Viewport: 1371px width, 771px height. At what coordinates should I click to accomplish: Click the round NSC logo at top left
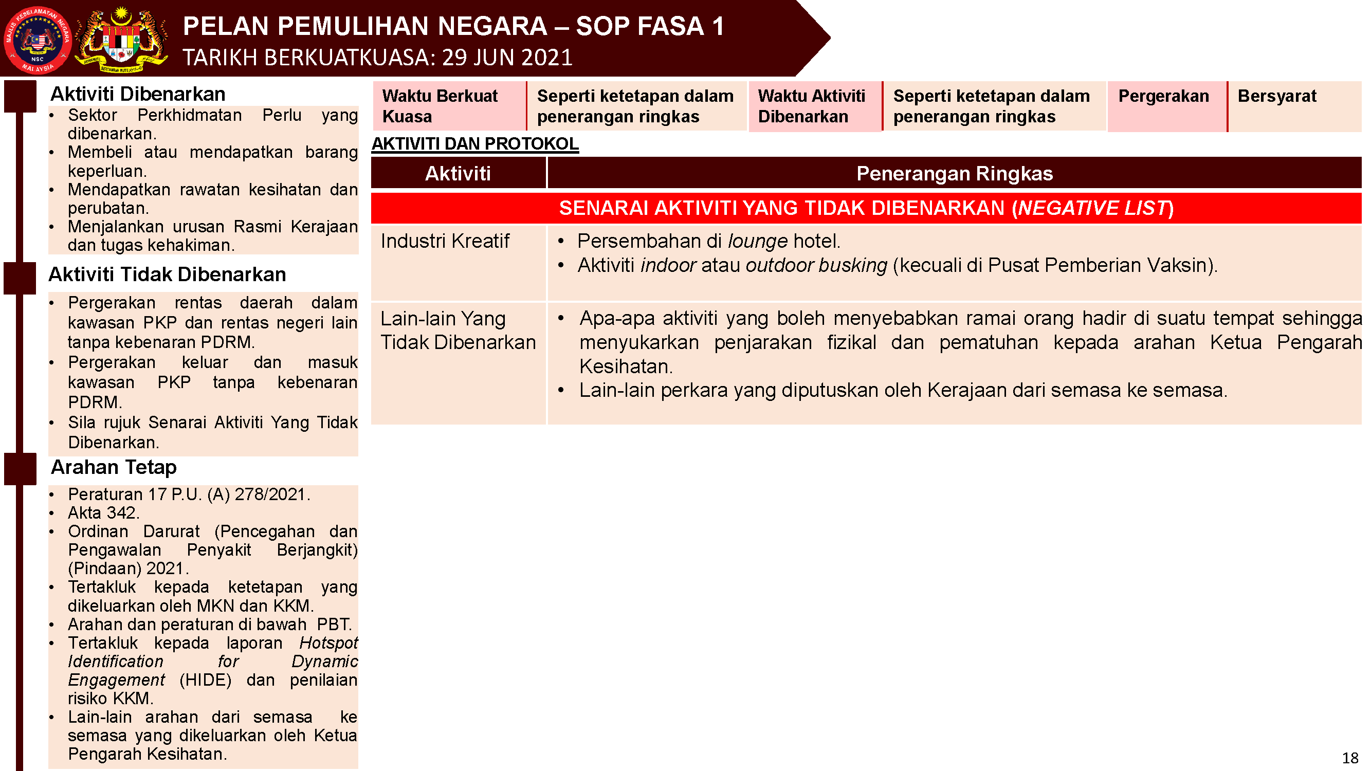(x=37, y=40)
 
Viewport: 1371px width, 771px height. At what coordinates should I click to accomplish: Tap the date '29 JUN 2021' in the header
(x=507, y=58)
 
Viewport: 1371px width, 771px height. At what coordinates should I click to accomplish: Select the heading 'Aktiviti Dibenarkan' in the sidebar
(x=138, y=94)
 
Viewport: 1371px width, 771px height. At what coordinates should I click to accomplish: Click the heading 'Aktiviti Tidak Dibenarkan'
(x=167, y=274)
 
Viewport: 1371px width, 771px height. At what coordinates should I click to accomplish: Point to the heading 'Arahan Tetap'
(x=114, y=467)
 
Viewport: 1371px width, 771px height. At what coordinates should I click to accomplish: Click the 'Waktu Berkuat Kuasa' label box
(x=449, y=106)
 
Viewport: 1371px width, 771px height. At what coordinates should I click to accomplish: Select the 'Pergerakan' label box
(x=1163, y=96)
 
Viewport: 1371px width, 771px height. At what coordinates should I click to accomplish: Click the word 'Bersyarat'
(x=1276, y=96)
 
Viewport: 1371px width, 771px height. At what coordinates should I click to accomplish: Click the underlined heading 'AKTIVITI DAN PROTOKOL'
(x=475, y=144)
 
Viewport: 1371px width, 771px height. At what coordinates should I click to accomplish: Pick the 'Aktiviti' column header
(x=458, y=173)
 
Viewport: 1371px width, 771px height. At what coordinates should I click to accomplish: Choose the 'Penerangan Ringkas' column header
(x=954, y=173)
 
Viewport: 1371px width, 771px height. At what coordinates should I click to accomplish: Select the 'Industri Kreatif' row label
(x=445, y=241)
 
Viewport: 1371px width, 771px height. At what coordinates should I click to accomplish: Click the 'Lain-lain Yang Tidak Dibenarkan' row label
(x=458, y=331)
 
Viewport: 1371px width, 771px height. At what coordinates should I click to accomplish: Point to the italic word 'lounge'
(x=757, y=242)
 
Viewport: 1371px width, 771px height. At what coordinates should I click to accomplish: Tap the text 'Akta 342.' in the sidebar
(x=104, y=513)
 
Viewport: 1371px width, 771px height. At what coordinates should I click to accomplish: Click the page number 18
(x=1350, y=758)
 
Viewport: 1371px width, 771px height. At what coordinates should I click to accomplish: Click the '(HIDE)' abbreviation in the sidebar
(x=206, y=680)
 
